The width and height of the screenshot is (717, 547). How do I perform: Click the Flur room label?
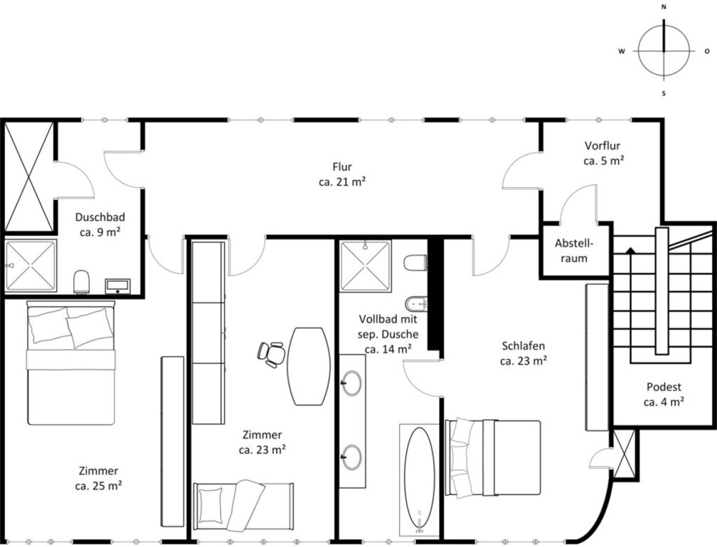pos(342,174)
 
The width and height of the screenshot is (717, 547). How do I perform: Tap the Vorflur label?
pos(603,153)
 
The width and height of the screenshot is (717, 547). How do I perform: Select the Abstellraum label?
pos(574,251)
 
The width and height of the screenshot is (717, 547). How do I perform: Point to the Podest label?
pos(664,394)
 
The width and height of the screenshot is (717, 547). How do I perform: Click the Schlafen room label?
pos(524,353)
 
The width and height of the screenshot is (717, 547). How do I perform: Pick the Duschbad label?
pos(100,224)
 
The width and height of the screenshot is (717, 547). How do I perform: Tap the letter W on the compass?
pos(622,51)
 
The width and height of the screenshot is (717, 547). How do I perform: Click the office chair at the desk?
pos(271,354)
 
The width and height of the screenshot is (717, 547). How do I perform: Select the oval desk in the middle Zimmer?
pos(309,366)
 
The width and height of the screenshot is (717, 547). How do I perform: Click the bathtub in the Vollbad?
pos(420,479)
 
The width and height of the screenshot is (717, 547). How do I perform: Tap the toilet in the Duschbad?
pos(82,281)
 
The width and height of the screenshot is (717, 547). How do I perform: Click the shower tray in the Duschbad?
pos(31,266)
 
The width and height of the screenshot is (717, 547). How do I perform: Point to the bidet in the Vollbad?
pos(415,303)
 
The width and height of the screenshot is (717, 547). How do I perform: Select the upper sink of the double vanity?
pos(351,382)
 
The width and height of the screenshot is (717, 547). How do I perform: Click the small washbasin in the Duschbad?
pos(117,286)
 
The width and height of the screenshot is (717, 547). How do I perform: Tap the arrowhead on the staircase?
pos(631,250)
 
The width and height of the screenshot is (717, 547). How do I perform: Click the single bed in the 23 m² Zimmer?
pos(243,506)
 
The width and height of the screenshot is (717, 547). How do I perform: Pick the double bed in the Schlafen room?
pos(494,458)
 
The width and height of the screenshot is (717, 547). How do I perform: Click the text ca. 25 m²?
pos(98,486)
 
